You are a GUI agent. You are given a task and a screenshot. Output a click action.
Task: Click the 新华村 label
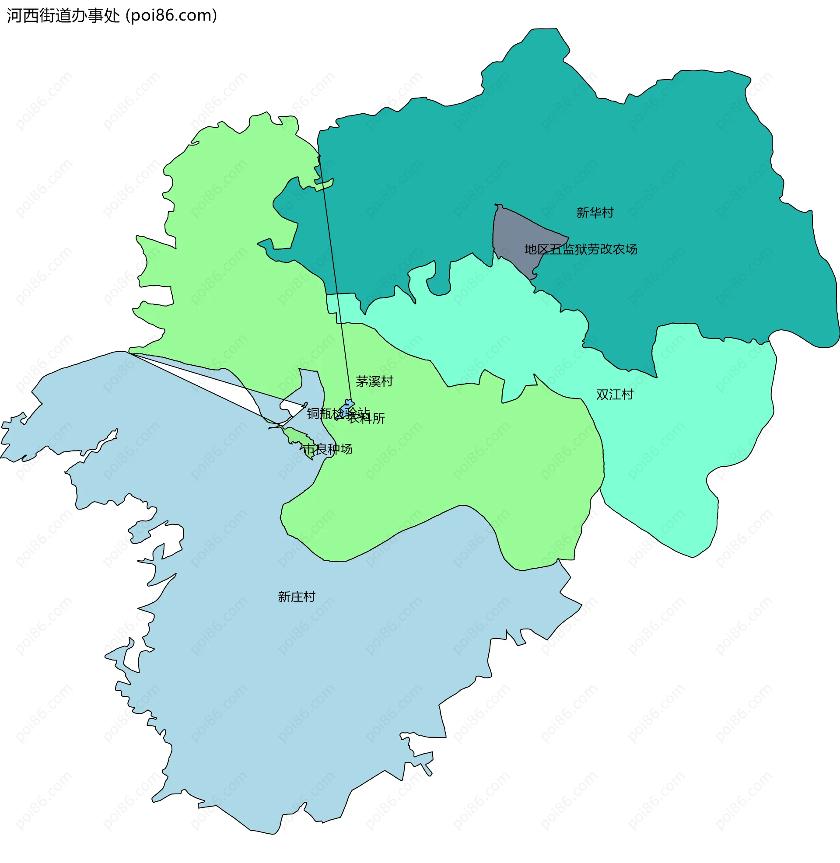tap(595, 213)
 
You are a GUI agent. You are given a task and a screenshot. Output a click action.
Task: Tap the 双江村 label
tap(615, 394)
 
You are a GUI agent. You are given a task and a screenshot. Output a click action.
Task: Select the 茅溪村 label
tap(374, 381)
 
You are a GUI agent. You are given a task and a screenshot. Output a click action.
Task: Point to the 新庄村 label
tap(297, 597)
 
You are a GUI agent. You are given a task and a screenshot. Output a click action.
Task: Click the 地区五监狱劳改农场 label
tap(581, 250)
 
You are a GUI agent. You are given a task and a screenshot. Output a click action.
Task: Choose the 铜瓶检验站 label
tap(338, 414)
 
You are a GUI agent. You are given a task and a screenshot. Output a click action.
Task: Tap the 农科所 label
tap(366, 419)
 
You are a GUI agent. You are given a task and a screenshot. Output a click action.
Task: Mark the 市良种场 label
tap(327, 449)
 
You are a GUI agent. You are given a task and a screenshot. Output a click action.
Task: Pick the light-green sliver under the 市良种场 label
tap(295, 437)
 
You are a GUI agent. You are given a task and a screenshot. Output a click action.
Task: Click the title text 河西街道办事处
tap(63, 16)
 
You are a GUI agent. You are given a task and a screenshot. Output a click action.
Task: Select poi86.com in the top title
tap(171, 16)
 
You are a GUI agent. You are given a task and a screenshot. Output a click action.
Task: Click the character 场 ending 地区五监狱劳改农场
tap(631, 250)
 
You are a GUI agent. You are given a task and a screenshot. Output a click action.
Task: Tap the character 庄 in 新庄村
tap(297, 597)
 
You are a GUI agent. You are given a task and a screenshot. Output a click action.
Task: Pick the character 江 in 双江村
tap(615, 394)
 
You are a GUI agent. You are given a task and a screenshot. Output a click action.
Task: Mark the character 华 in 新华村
tap(595, 213)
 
